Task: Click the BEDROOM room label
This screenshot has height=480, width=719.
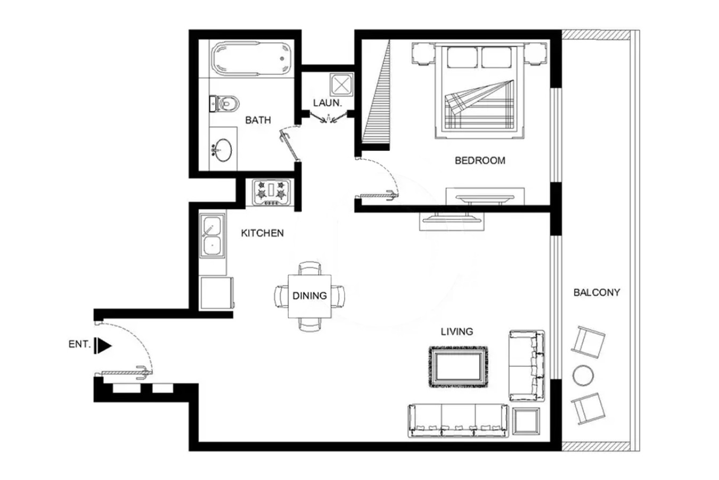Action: tap(480, 161)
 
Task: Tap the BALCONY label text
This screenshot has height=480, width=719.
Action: tap(597, 293)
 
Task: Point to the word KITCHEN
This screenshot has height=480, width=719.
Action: tap(262, 233)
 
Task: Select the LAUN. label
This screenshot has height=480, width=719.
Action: tap(328, 103)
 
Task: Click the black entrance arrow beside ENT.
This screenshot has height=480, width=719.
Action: tap(103, 346)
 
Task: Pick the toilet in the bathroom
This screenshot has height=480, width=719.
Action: tap(224, 103)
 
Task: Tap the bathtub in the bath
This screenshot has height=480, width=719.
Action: tap(251, 59)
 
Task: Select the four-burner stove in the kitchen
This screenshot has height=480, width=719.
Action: tap(272, 193)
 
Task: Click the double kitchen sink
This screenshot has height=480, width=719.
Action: tap(212, 236)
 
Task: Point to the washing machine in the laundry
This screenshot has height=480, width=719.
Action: tap(341, 85)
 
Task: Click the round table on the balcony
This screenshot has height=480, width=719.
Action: tap(583, 375)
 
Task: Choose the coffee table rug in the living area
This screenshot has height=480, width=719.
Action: tap(459, 366)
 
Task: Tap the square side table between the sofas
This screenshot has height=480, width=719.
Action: tap(526, 421)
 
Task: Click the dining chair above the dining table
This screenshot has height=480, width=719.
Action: tap(309, 268)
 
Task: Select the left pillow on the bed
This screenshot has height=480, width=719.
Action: tap(462, 57)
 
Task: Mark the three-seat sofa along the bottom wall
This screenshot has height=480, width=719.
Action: tap(459, 421)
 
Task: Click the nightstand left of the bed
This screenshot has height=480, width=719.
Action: tap(424, 53)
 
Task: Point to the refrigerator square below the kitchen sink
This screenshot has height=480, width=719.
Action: tap(216, 293)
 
